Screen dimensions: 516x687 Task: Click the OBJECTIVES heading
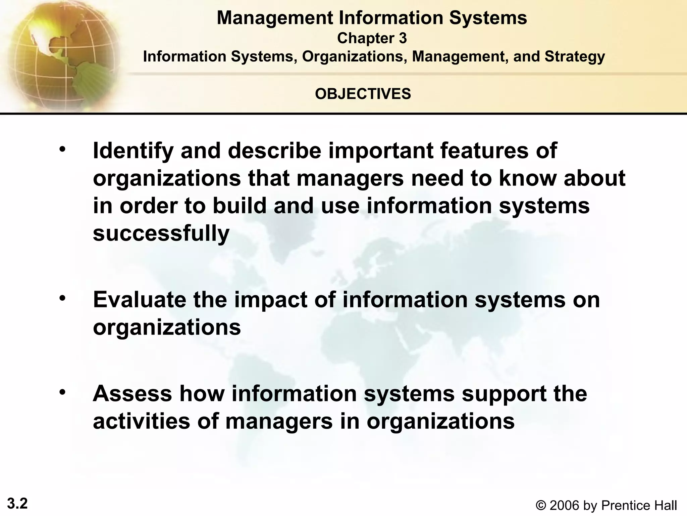point(363,94)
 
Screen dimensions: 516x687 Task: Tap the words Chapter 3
point(372,38)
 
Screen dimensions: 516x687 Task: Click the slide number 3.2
point(17,504)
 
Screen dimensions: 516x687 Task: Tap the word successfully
point(161,233)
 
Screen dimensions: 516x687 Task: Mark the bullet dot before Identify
point(62,149)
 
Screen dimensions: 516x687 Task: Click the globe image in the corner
point(60,54)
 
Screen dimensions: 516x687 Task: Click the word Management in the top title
point(275,18)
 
